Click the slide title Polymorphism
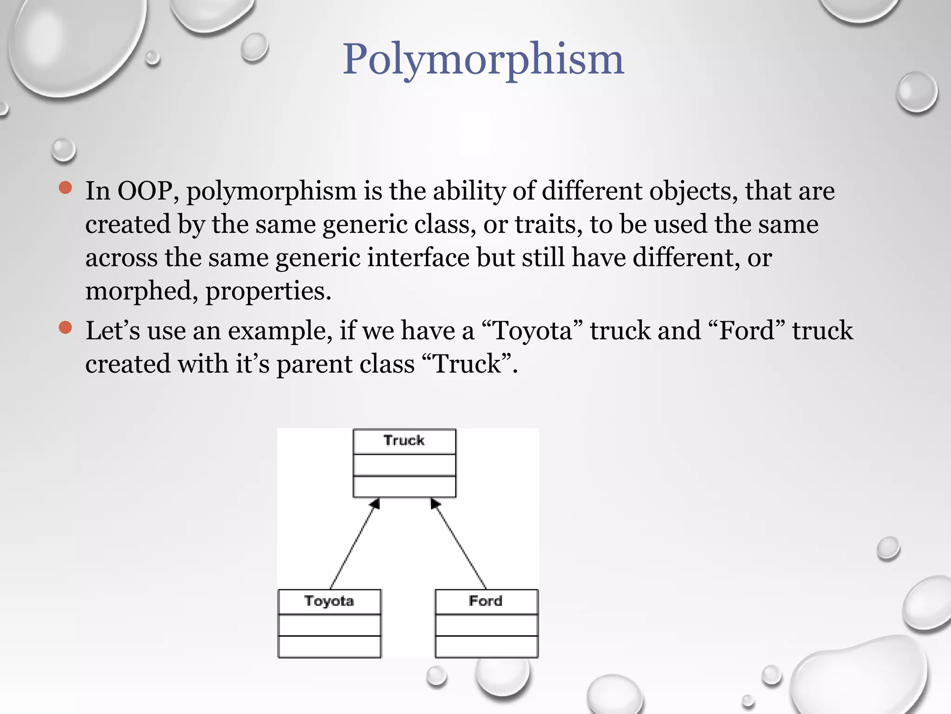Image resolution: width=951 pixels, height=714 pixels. [x=483, y=59]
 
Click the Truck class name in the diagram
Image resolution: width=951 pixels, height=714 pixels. [x=404, y=440]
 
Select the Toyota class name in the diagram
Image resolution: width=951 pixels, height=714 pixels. [x=329, y=601]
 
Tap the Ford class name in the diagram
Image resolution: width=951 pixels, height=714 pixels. [x=486, y=601]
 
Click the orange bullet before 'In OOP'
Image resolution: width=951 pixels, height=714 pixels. [x=65, y=188]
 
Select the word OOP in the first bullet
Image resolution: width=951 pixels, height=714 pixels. [x=145, y=191]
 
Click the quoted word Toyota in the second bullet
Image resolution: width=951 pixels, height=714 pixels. [x=532, y=331]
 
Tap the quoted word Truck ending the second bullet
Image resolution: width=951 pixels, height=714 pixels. [x=467, y=364]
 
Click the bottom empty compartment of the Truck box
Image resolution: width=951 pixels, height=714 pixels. [x=404, y=487]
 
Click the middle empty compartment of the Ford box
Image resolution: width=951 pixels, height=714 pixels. [x=486, y=625]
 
